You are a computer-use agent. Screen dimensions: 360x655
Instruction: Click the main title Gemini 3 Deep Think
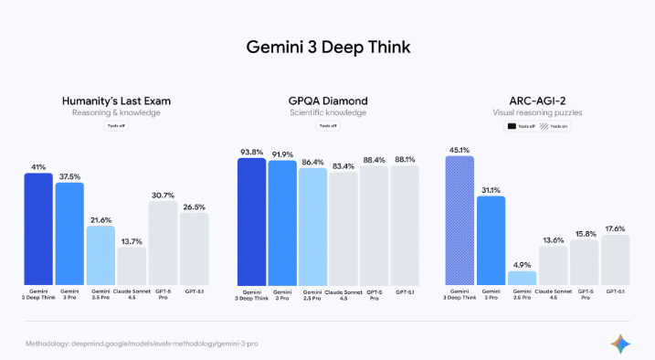pos(327,45)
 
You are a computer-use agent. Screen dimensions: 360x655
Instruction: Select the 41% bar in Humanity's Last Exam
pos(38,228)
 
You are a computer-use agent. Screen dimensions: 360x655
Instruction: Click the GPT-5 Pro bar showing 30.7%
pos(163,242)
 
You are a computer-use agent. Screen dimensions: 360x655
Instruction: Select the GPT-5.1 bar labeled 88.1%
pos(405,225)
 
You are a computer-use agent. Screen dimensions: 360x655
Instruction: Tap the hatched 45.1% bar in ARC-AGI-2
pos(460,219)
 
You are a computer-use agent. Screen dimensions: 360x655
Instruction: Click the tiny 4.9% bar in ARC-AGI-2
pos(522,278)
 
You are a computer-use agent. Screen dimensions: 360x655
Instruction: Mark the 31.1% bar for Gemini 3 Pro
pos(491,239)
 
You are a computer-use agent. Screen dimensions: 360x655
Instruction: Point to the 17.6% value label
pos(615,228)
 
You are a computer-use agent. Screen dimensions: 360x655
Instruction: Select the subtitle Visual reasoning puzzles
pos(539,112)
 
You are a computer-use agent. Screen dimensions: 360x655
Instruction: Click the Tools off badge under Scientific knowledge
pos(327,126)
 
